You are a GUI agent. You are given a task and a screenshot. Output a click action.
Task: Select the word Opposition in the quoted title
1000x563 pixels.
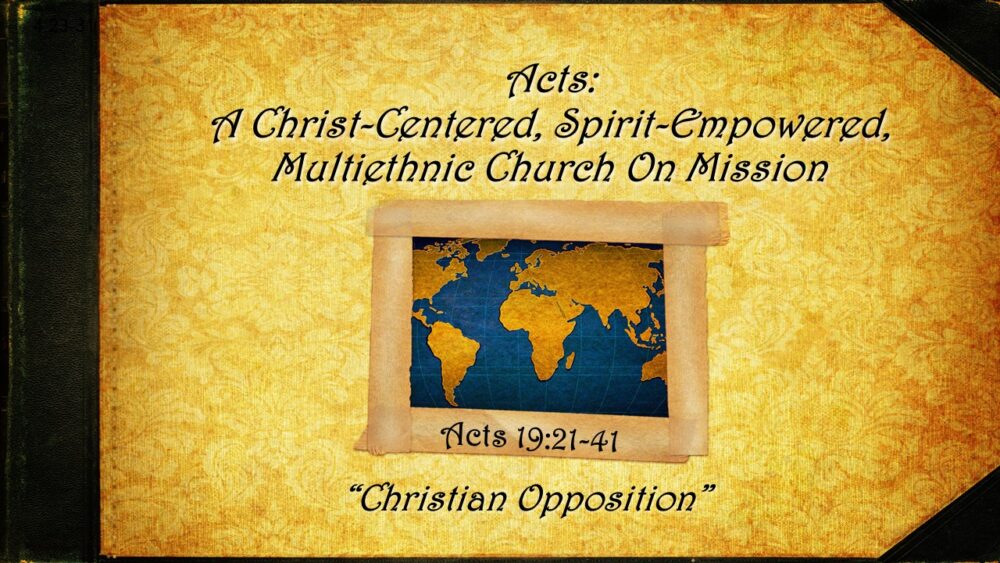click(x=611, y=497)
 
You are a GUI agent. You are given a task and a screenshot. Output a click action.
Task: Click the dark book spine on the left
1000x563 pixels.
click(x=50, y=281)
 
